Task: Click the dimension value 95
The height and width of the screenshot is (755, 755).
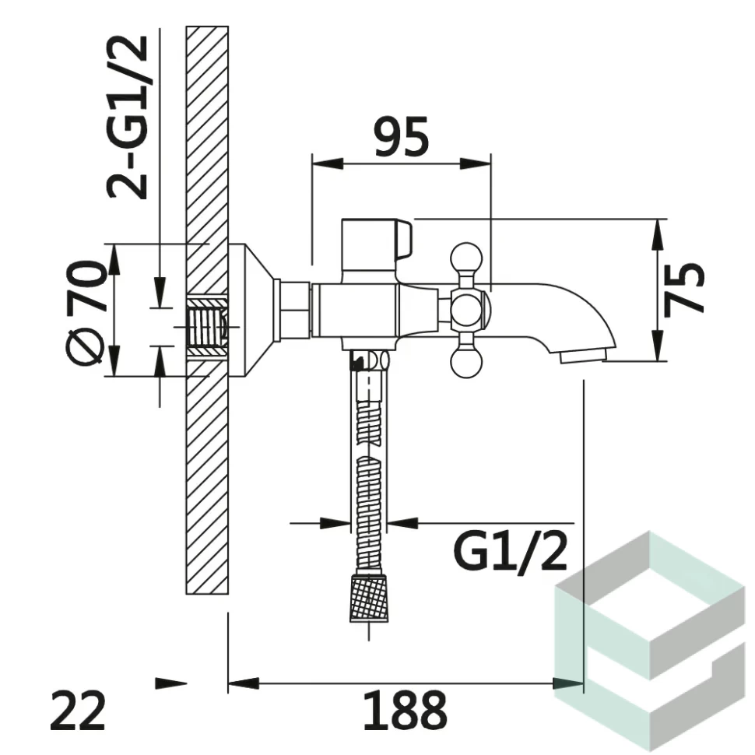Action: click(402, 139)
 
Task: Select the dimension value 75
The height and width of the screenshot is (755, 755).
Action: click(684, 288)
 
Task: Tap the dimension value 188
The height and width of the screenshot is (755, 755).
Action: click(406, 711)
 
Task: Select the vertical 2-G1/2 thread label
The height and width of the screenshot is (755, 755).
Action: click(129, 117)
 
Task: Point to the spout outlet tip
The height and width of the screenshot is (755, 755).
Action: click(585, 356)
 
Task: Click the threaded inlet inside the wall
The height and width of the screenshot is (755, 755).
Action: click(208, 327)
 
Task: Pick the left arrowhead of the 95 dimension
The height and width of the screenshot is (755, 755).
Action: click(327, 163)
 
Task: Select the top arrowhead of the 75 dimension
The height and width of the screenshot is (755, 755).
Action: click(658, 234)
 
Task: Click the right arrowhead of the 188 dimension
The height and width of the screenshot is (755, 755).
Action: click(567, 683)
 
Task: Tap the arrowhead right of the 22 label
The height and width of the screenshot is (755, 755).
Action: click(170, 683)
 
